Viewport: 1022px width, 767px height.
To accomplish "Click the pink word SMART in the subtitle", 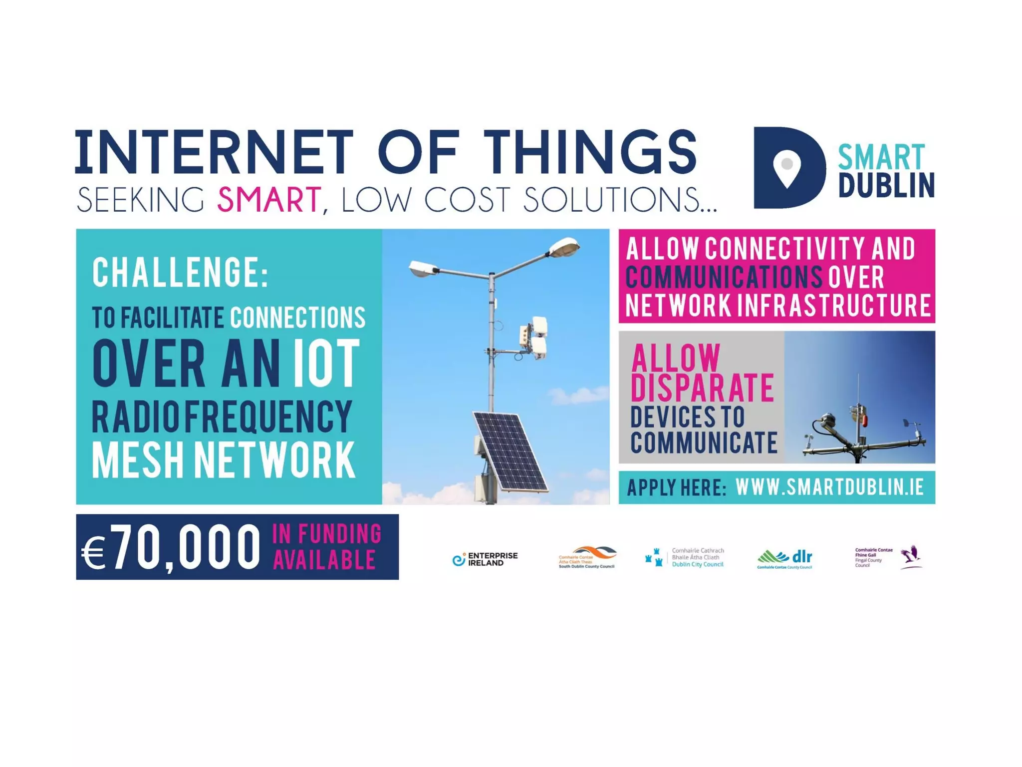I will click(268, 200).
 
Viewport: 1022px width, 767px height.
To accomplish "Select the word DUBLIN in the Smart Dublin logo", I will click(886, 185).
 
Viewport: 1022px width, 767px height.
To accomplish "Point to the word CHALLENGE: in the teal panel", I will click(180, 272).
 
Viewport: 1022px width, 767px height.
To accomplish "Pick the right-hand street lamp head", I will click(564, 247).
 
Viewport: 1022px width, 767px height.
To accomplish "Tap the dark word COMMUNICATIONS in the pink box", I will click(724, 277).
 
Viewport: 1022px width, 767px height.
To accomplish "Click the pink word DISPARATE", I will click(702, 387).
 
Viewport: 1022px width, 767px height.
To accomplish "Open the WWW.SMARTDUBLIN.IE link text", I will click(829, 487).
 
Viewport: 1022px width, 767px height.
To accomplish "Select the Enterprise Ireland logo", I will click(485, 559).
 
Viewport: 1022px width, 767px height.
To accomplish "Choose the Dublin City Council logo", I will click(684, 558).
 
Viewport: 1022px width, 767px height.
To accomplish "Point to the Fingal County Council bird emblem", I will click(912, 556).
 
